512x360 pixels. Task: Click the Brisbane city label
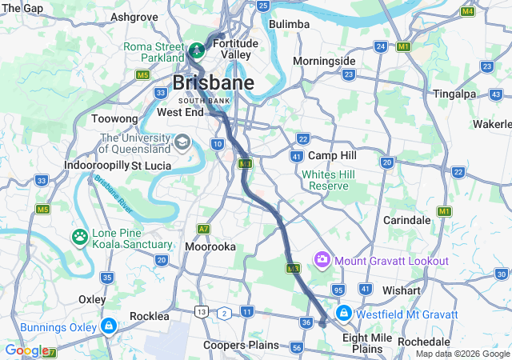click(214, 82)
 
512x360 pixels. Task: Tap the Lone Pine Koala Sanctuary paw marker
click(80, 237)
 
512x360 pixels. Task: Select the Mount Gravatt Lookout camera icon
click(322, 259)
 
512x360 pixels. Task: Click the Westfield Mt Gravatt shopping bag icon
click(343, 313)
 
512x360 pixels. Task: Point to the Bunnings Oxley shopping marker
click(108, 326)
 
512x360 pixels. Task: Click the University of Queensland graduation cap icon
click(182, 142)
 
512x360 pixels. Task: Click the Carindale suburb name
click(407, 218)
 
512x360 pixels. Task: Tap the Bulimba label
click(289, 24)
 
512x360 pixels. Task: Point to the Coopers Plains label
click(241, 345)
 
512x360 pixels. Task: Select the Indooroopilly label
click(97, 165)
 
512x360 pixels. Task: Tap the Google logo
click(26, 350)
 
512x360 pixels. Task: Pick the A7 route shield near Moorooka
click(204, 229)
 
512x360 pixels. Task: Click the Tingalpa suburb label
click(454, 94)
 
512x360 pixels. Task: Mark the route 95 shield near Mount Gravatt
click(338, 289)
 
